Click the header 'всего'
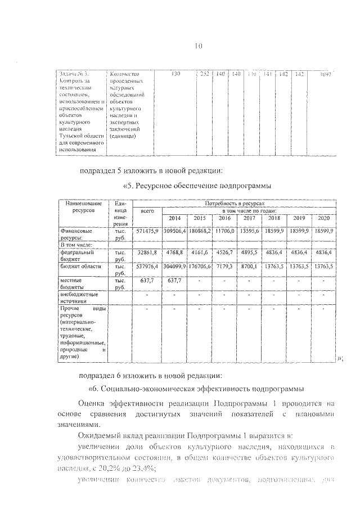pyautogui.click(x=147, y=211)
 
